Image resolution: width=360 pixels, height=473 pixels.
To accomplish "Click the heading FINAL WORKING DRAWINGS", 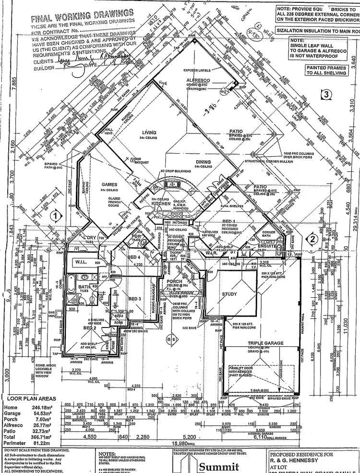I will [82, 19].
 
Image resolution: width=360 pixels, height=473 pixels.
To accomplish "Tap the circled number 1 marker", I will [56, 216].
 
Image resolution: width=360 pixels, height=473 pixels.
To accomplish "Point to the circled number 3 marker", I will [327, 94].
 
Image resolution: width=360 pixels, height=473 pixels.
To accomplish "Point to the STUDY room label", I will [229, 294].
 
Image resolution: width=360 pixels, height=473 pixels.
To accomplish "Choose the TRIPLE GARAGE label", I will [265, 343].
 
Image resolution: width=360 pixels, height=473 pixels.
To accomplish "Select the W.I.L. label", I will [80, 263].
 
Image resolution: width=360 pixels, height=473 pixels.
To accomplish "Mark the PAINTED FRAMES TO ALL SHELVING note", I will [326, 71].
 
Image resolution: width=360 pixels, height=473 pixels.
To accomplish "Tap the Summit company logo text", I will [219, 466].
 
